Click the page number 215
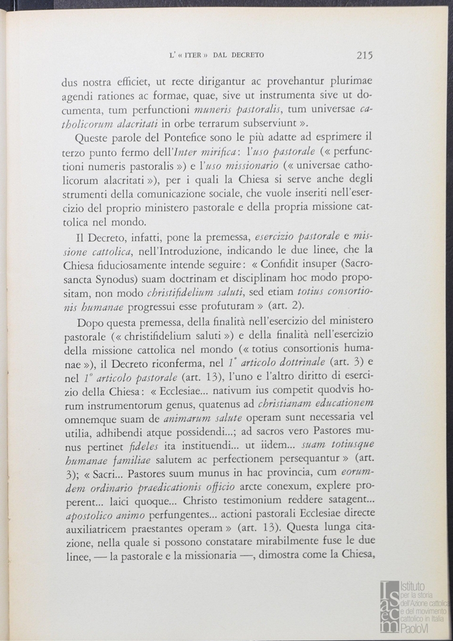coord(364,56)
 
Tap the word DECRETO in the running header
coord(244,56)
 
